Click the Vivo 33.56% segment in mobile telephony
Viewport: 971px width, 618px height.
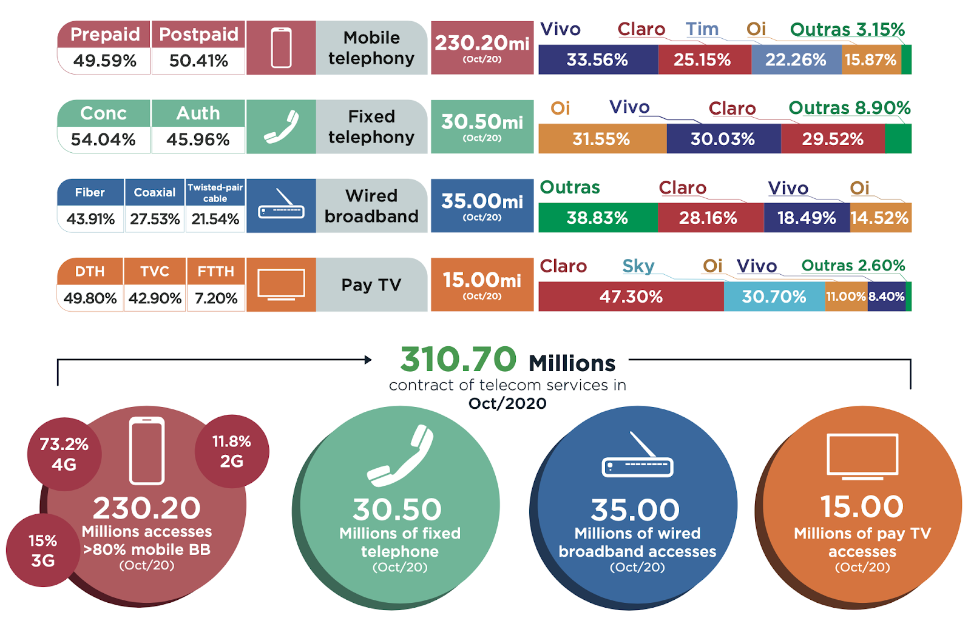coord(598,60)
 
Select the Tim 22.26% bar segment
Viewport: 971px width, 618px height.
coord(796,60)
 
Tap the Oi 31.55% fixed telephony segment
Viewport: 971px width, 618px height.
coord(601,139)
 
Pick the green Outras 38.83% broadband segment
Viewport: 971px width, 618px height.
coord(597,218)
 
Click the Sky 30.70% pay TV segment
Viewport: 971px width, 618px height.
coord(774,297)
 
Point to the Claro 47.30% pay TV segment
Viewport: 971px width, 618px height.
coord(631,297)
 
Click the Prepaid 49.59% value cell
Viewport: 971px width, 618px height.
coord(104,61)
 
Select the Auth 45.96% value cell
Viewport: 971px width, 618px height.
coord(198,139)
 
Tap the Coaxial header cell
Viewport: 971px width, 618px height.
coord(155,192)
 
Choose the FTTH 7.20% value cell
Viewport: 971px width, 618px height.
coord(216,298)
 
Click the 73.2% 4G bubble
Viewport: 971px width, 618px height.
coord(64,454)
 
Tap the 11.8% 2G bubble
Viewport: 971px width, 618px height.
coord(231,451)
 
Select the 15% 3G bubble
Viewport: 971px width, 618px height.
coord(42,550)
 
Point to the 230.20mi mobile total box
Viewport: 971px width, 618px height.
coord(482,48)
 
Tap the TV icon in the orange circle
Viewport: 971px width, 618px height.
coord(862,456)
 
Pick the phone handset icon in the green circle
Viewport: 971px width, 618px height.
coord(401,456)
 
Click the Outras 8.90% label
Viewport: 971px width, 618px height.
coord(849,108)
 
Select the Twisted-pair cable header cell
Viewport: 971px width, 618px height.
coord(215,192)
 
